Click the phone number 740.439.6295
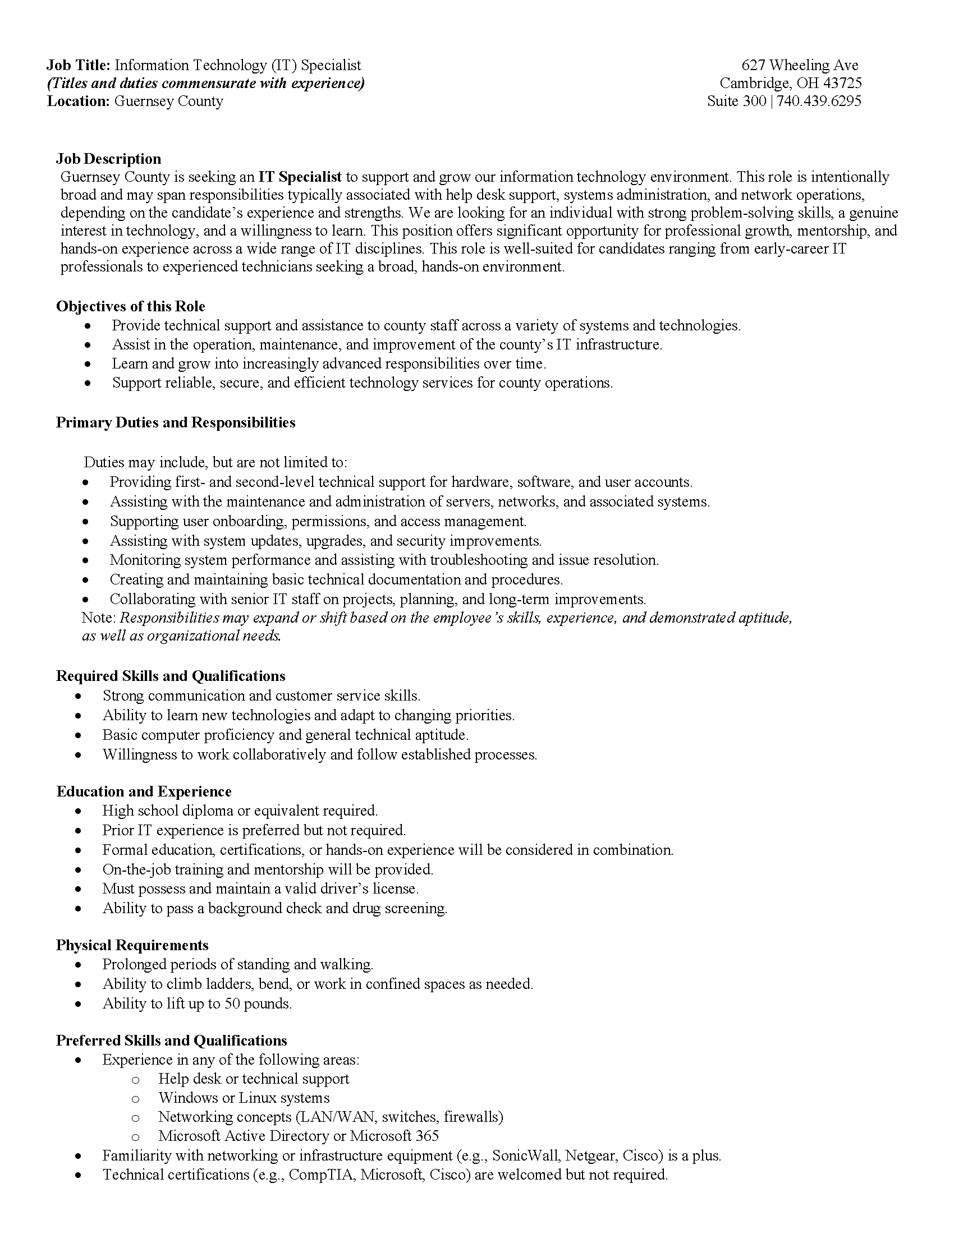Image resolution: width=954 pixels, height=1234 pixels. (819, 101)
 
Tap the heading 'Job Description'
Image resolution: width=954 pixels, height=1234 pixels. (108, 159)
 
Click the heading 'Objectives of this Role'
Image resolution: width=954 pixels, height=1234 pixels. (131, 306)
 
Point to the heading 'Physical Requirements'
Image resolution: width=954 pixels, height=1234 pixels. (132, 945)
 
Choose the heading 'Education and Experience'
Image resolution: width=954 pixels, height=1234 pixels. (144, 791)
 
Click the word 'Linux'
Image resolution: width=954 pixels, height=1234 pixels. (258, 1098)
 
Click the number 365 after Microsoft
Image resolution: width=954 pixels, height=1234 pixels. (426, 1136)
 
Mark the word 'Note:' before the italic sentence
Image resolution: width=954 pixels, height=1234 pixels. (99, 618)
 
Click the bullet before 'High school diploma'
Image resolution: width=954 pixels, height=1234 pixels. (79, 812)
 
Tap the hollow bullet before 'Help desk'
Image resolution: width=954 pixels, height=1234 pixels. (135, 1080)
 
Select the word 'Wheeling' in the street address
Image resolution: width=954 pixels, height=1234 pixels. (800, 66)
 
